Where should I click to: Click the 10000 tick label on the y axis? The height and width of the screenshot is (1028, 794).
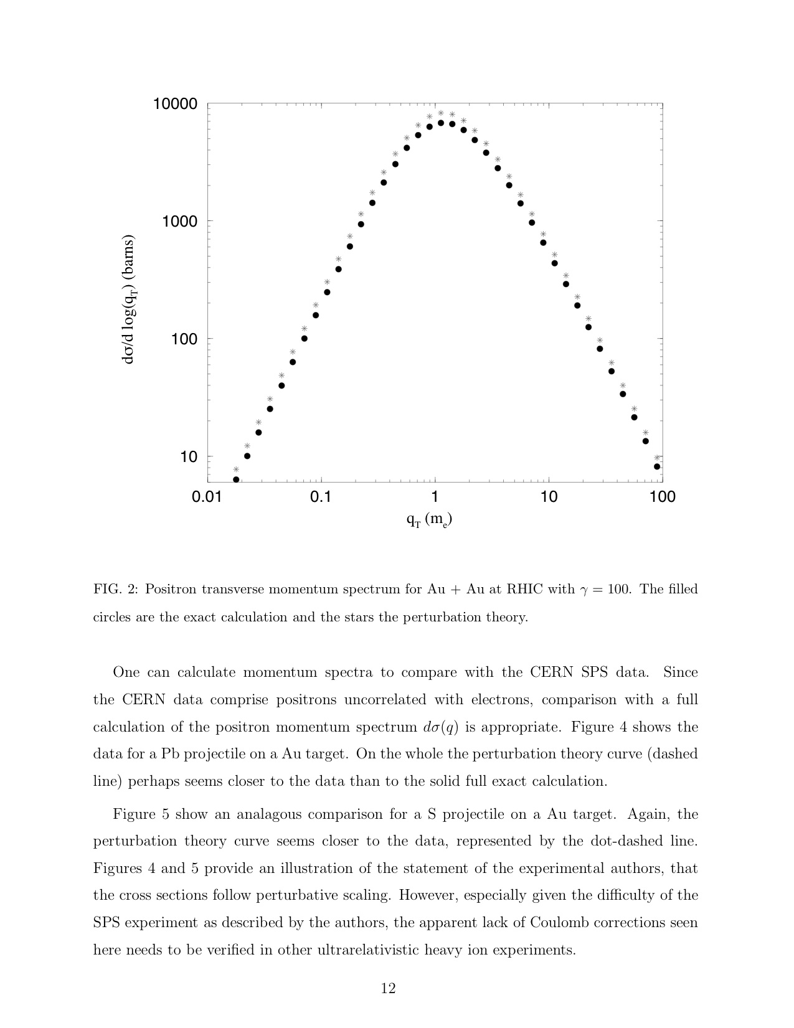click(175, 104)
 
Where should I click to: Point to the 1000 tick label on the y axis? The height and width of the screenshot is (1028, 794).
click(179, 222)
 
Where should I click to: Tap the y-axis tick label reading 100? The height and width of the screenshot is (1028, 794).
click(184, 339)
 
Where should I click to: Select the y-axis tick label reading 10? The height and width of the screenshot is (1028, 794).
click(188, 457)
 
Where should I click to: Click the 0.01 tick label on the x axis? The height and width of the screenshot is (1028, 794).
click(207, 497)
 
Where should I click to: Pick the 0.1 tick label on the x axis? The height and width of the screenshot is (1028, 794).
click(321, 497)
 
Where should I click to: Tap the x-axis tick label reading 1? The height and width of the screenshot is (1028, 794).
click(435, 497)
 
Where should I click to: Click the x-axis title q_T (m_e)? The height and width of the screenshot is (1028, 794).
click(429, 519)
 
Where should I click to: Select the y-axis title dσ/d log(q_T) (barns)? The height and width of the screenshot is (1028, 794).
click(129, 299)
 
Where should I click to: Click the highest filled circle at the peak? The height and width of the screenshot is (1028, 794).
click(441, 123)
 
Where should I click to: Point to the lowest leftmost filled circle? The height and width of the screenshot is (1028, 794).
click(236, 479)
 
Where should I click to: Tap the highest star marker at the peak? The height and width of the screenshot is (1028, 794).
click(441, 113)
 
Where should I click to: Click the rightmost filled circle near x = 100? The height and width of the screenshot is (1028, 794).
click(657, 466)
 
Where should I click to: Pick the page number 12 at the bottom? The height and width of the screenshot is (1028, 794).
click(388, 988)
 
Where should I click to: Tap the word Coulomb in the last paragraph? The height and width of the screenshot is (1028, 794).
click(559, 923)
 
